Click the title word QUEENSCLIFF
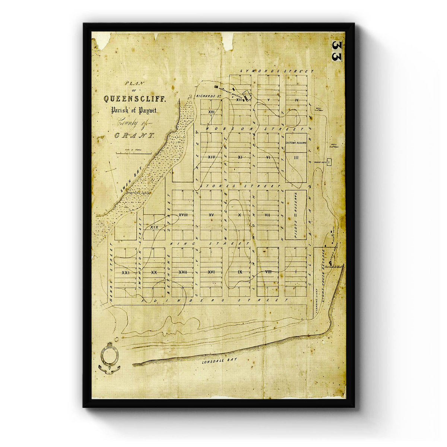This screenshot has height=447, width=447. click(132, 99)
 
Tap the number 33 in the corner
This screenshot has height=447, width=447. click(336, 51)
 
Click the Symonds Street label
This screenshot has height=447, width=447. click(277, 71)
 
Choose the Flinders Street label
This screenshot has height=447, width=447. click(215, 299)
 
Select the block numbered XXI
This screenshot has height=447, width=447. click(125, 273)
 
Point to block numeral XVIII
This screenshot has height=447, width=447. click(183, 215)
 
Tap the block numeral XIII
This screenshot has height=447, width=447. click(211, 112)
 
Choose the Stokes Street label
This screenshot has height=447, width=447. click(240, 185)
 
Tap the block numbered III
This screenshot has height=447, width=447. click(296, 157)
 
